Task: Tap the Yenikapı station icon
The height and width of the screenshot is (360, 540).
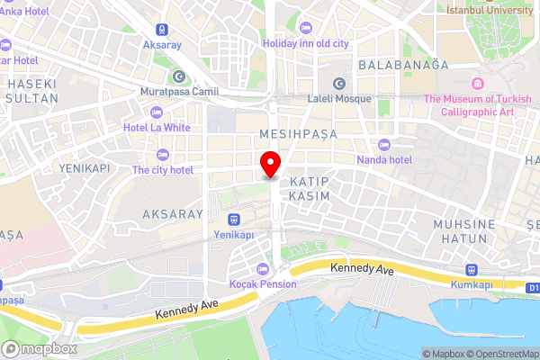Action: tap(233, 219)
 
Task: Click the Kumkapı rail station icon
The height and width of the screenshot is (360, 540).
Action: tap(471, 270)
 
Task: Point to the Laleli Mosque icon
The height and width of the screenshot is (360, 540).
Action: tap(339, 83)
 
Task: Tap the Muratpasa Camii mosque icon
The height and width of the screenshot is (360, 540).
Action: tap(178, 76)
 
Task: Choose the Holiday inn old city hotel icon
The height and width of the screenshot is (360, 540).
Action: tap(306, 27)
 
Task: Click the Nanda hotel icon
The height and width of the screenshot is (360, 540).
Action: tap(385, 145)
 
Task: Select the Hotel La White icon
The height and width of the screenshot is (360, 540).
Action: tap(157, 112)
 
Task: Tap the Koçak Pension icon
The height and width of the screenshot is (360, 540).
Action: tap(263, 268)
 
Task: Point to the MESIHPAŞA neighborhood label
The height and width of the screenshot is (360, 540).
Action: tap(297, 133)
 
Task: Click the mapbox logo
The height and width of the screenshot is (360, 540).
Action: tap(40, 348)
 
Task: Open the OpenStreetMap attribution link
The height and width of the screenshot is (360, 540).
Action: tap(498, 354)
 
